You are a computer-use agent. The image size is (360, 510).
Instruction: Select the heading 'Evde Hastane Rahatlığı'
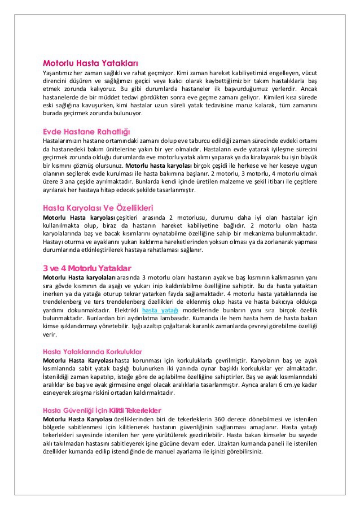86,131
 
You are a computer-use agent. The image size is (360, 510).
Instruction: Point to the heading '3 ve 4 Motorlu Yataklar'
87,267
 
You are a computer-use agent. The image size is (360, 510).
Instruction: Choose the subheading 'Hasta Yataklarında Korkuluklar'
93,351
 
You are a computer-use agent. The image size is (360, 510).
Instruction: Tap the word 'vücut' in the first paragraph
308,72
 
